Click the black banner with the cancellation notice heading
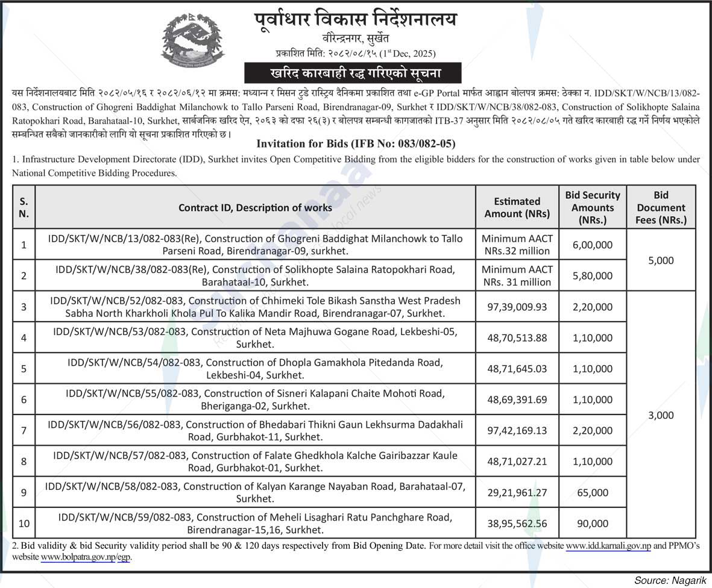point(353,73)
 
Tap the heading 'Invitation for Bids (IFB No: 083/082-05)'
point(356,144)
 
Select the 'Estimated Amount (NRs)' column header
point(517,207)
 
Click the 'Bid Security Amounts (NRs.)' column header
point(592,207)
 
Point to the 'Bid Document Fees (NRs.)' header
point(661,207)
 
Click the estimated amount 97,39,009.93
point(517,307)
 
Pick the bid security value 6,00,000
point(592,245)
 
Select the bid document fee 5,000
point(661,260)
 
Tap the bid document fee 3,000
point(661,415)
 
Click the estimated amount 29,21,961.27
point(517,492)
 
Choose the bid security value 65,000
point(592,492)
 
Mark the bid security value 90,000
point(592,524)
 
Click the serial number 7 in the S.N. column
point(24,431)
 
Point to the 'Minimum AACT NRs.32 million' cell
point(517,245)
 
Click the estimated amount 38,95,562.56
point(517,524)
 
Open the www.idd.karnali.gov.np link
point(608,546)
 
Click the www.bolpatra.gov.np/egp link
point(85,557)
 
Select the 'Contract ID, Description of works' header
point(255,207)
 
